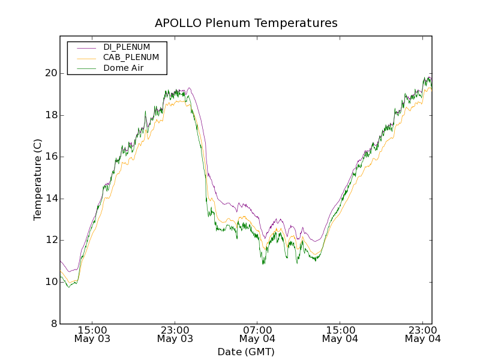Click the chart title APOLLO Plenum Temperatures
[246, 23]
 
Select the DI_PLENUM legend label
[127, 47]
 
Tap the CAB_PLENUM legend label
[131, 58]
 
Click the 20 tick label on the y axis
[51, 73]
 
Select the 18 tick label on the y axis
[51, 115]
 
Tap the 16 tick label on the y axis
[51, 157]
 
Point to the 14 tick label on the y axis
[51, 199]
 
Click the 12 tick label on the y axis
[51, 240]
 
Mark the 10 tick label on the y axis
[51, 282]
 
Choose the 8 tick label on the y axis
[54, 324]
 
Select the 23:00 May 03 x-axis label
[175, 334]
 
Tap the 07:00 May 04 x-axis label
[257, 334]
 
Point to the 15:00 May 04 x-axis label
[340, 334]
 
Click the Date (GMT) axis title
[246, 352]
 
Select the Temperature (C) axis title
[38, 180]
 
